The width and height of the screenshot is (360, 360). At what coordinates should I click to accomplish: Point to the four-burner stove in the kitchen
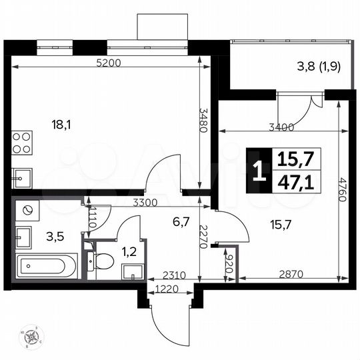coord(22,145)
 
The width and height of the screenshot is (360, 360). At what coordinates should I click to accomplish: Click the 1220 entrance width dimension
coord(167,288)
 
